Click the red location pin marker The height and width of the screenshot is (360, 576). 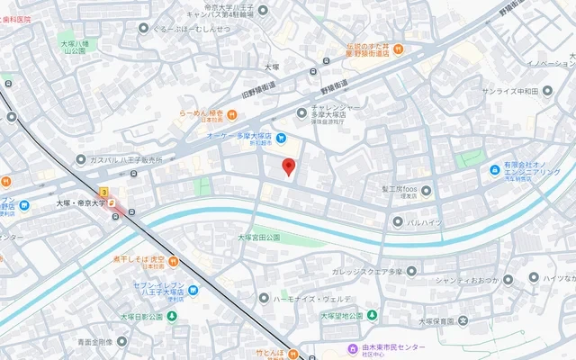click(x=288, y=166)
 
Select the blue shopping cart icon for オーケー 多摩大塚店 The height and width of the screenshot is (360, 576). click(x=281, y=138)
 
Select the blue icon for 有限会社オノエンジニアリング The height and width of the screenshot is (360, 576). click(x=494, y=170)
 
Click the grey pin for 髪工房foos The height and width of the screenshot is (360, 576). click(x=427, y=190)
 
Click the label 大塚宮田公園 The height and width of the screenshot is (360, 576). click(x=259, y=237)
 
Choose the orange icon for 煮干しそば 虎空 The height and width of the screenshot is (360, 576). click(x=173, y=261)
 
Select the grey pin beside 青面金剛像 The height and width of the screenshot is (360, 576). click(x=121, y=342)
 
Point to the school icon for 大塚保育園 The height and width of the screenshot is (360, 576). click(x=463, y=319)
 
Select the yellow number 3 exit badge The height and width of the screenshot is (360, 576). click(x=104, y=192)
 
